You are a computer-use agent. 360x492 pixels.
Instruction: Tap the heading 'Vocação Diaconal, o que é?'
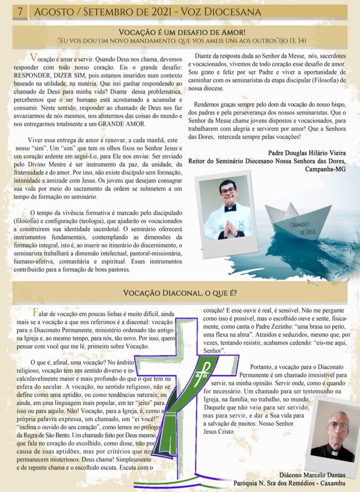click(x=180, y=293)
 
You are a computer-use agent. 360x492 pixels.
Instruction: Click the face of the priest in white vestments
click(x=228, y=193)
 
